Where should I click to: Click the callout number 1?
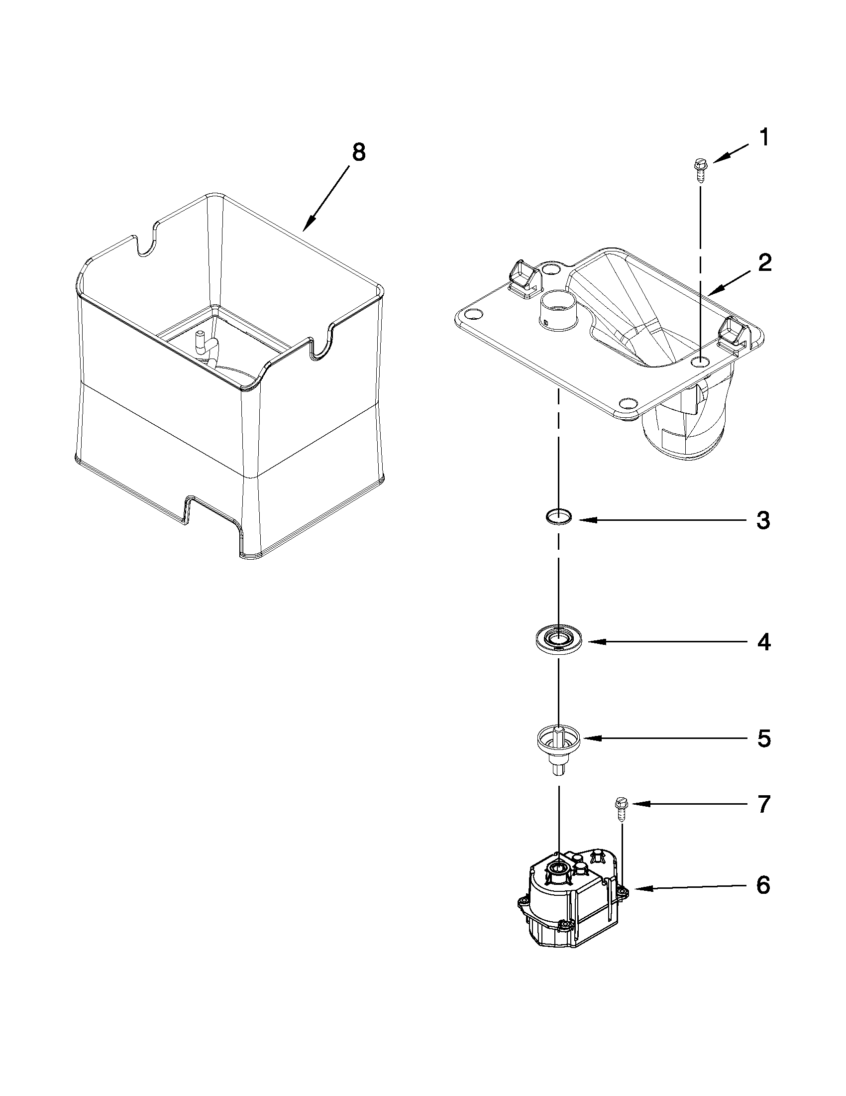tap(763, 138)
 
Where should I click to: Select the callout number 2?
tap(764, 263)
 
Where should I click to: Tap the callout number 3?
tap(763, 520)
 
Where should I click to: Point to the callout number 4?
tap(763, 642)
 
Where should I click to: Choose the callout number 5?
tap(763, 738)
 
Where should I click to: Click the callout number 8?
tap(358, 152)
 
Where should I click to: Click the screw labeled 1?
tap(699, 171)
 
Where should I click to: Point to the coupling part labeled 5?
tap(558, 744)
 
